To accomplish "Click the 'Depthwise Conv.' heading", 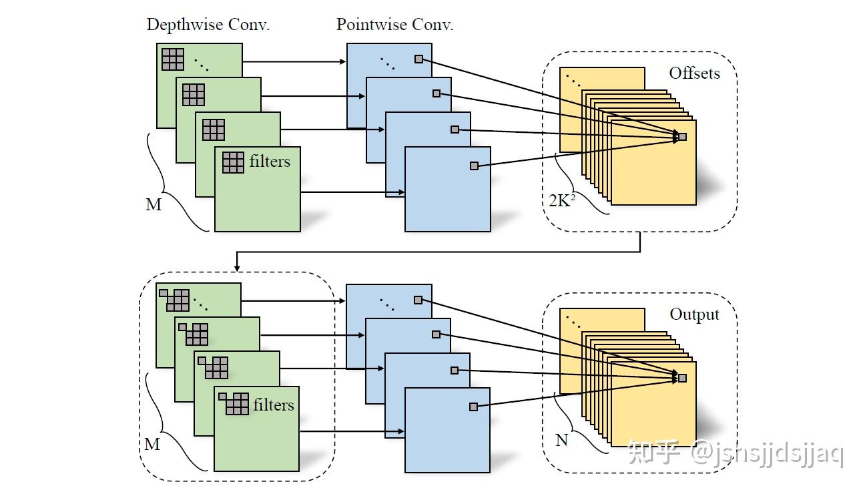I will point(208,25).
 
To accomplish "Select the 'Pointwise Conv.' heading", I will point(394,25).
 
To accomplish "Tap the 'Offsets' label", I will point(694,73).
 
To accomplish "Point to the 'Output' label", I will point(694,314).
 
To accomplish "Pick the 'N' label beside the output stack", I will point(561,441).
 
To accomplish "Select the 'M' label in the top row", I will point(154,205).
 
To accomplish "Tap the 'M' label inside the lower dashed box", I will point(152,444).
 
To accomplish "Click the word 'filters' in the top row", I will point(270,161).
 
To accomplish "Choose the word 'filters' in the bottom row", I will point(273,405).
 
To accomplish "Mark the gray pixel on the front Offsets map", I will point(681,137).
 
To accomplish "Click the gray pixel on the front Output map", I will point(681,378).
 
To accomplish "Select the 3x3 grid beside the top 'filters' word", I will point(233,162).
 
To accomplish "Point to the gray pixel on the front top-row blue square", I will point(474,166).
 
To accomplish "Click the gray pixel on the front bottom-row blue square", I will point(473,407).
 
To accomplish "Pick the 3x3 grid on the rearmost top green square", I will point(173,59).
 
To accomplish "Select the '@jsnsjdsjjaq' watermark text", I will point(767,454).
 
